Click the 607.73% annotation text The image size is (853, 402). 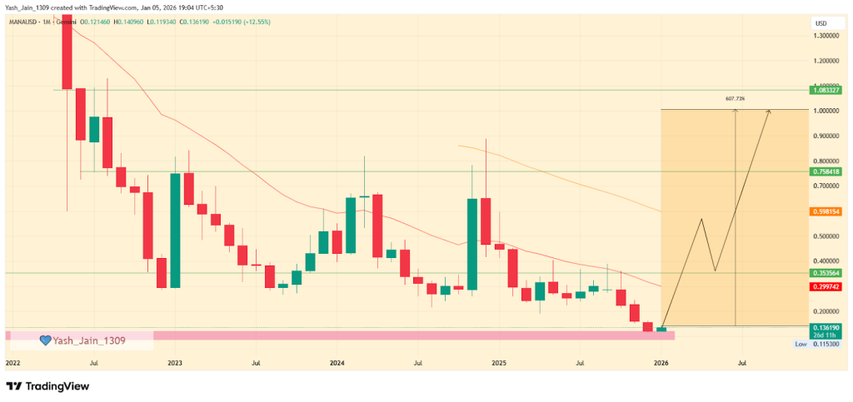coord(735,99)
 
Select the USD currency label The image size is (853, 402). coord(821,22)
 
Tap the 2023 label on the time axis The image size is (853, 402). coord(175,364)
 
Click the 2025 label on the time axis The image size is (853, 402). coord(499,364)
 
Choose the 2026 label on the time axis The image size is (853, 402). coord(661,364)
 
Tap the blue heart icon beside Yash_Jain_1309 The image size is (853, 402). coord(46,340)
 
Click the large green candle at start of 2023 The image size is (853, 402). coord(176,231)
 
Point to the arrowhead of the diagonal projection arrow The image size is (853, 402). coord(769,112)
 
